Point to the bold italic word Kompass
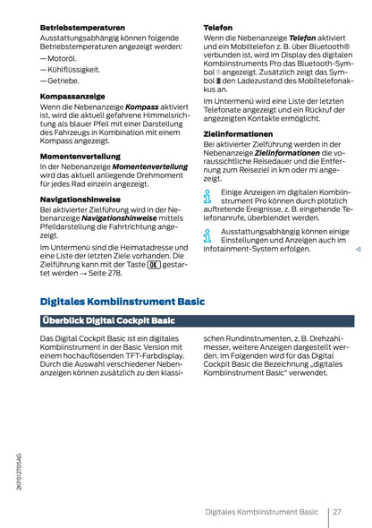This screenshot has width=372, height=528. pos(142,106)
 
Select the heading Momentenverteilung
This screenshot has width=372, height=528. pos(80,156)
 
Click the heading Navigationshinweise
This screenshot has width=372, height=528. pos(81,198)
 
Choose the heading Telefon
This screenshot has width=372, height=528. pos(218,28)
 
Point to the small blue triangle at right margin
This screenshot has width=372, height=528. pos(357,249)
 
